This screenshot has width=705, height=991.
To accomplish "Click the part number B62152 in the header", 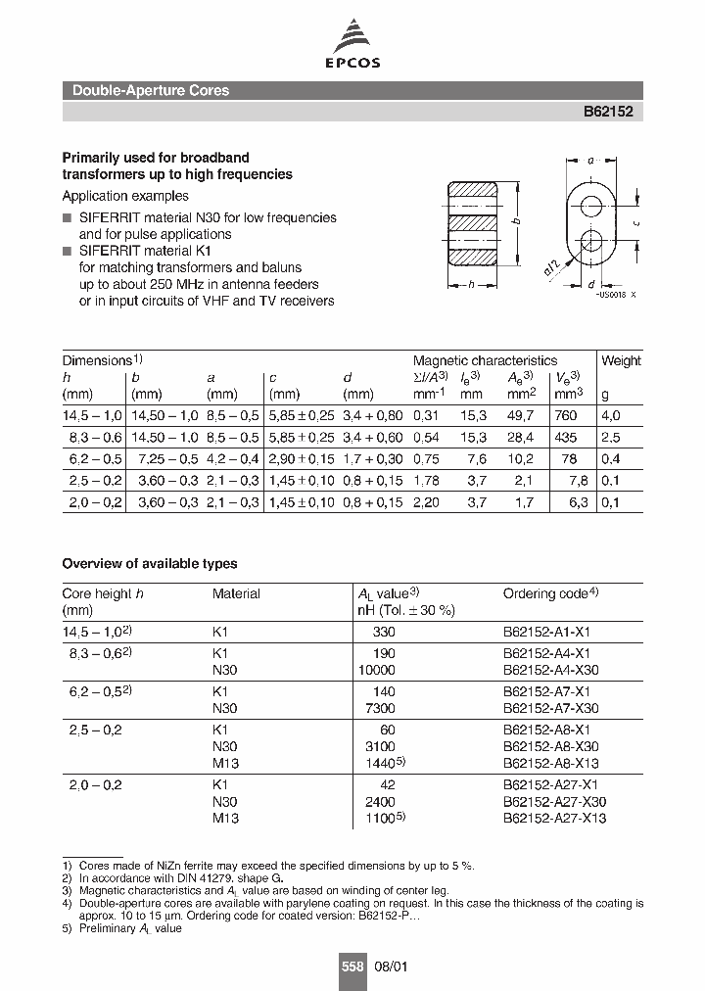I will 608,112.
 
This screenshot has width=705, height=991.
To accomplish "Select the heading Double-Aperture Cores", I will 151,90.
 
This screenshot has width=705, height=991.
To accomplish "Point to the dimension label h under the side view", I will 473,286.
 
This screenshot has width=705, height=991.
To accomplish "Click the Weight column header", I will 621,360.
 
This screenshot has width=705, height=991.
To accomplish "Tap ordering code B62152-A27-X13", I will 554,818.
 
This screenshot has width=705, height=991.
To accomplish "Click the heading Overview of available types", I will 149,564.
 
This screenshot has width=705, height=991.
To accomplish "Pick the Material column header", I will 236,593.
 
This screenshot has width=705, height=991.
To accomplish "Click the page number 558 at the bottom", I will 352,966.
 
